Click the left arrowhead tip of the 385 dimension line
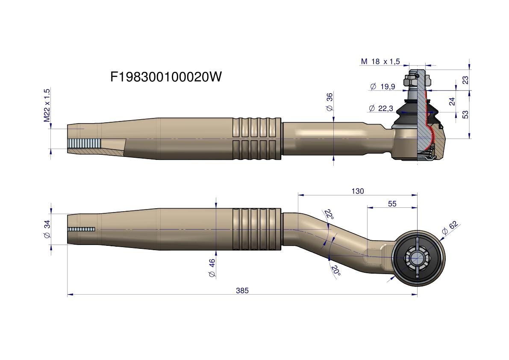point(68,295)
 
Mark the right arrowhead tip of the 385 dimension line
point(417,295)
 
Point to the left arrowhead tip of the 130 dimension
point(298,195)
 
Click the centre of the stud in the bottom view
point(417,258)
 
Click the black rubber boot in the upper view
point(405,115)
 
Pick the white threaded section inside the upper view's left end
point(85,143)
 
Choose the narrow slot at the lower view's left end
point(81,229)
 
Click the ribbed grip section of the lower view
point(256,229)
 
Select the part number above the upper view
point(166,77)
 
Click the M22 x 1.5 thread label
point(47,105)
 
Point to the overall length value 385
point(242,291)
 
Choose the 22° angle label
point(329,214)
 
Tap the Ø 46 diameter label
point(212,268)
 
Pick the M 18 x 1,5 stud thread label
point(380,61)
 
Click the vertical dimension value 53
point(465,115)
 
